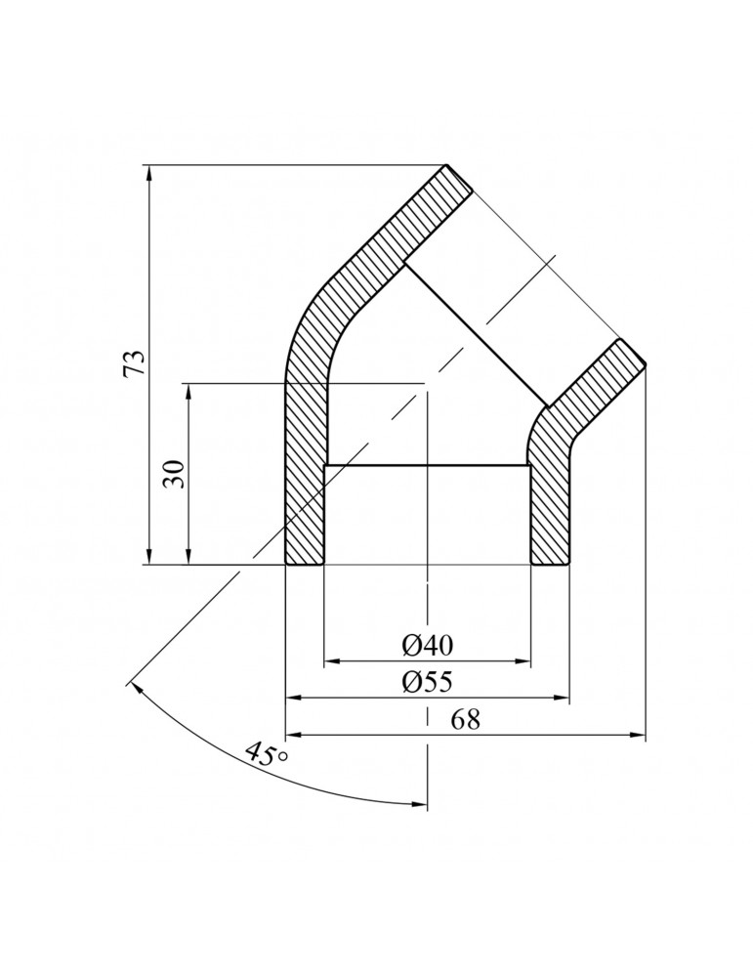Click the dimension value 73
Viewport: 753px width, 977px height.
pos(136,363)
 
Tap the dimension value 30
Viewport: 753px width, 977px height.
pos(174,474)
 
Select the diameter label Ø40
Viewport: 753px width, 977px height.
pos(427,646)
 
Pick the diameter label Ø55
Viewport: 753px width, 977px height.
pos(427,682)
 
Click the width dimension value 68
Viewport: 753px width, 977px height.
pos(466,719)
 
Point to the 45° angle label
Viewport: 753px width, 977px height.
pos(265,755)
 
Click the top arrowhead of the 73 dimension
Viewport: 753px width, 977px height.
pos(148,173)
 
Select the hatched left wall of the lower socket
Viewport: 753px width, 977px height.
pos(304,488)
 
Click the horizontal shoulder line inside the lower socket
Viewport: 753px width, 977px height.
pos(427,465)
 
